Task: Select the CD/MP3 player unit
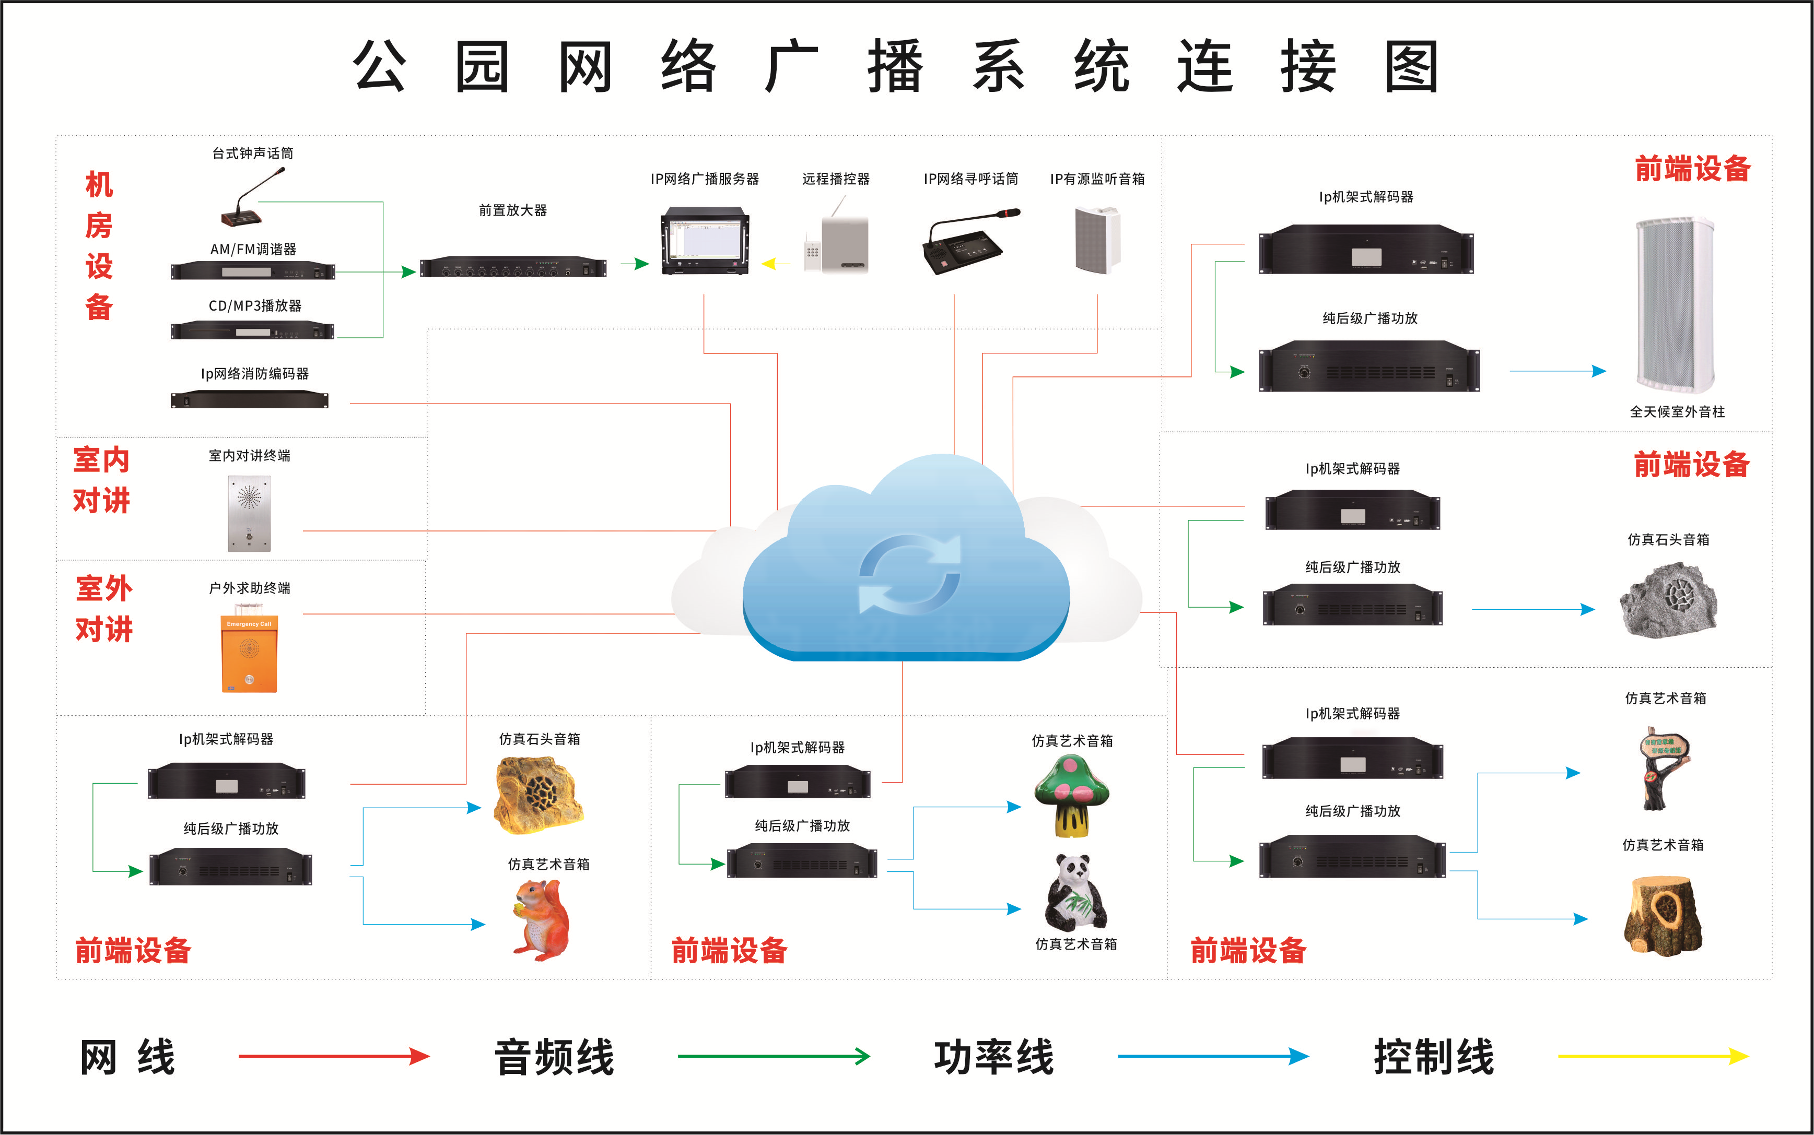point(252,330)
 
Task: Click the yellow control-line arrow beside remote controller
point(775,264)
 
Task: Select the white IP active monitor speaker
point(1097,240)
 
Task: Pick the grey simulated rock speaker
point(1668,599)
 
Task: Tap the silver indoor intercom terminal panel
point(249,513)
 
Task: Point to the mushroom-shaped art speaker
point(1071,796)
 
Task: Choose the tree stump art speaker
point(1663,916)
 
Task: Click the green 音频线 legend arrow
point(774,1056)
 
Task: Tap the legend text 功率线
point(993,1057)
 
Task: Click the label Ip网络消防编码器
point(254,374)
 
